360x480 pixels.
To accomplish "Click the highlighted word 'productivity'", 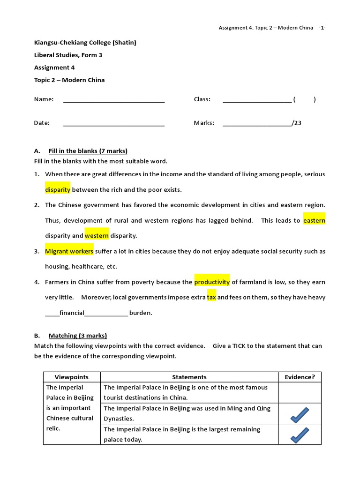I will click(212, 282).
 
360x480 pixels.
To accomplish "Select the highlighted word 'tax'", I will click(211, 298).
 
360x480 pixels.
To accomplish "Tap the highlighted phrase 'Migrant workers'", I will click(69, 251).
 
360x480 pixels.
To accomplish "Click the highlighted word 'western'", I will click(97, 236).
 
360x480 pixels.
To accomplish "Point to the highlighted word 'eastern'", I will click(314, 220).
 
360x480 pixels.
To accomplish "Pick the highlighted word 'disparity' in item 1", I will click(58, 190).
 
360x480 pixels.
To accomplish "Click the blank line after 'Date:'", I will click(114, 124).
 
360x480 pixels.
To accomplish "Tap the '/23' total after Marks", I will click(296, 123).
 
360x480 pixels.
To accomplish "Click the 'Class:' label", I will click(202, 99).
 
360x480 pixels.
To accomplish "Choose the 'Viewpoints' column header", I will click(71, 377).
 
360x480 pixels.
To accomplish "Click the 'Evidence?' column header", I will click(300, 377).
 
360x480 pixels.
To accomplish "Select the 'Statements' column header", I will click(189, 377).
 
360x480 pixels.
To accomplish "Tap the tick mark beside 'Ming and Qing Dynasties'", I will click(300, 414).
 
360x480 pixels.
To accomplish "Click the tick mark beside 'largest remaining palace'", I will click(300, 435).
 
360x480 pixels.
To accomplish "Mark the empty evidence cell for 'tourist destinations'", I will click(300, 392).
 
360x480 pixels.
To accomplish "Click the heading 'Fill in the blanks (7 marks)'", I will click(88, 151).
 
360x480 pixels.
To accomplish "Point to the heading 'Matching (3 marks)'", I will click(77, 336).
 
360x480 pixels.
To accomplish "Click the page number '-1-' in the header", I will click(322, 28).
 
